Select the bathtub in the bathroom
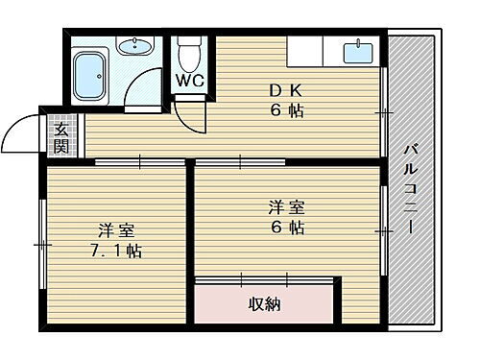94,77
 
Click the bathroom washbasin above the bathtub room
133,45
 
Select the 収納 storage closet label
266,303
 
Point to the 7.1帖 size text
117,252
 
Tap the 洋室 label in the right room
285,206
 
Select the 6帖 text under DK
284,111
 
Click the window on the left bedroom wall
41,244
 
